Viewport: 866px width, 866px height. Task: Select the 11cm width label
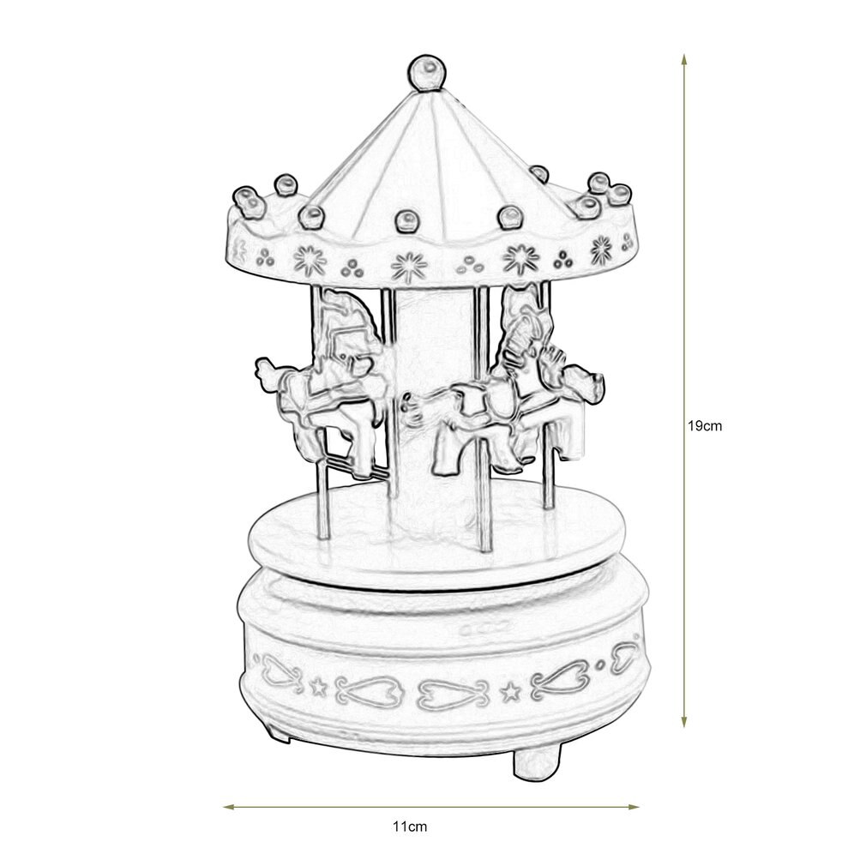point(409,827)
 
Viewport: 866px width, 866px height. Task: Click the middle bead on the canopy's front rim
point(407,221)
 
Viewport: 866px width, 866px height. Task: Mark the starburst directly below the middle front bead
point(409,266)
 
